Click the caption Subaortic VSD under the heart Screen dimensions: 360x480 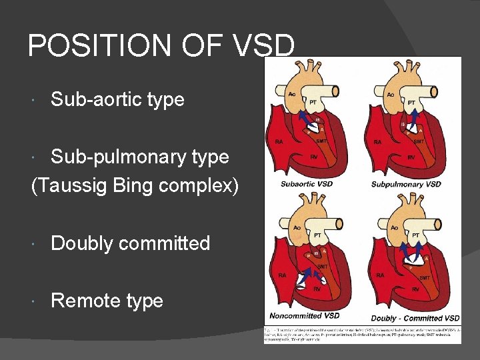point(307,184)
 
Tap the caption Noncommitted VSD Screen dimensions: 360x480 point(305,315)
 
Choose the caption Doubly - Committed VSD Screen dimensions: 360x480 point(415,318)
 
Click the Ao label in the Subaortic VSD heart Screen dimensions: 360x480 point(292,95)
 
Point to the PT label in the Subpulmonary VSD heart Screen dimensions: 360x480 point(412,103)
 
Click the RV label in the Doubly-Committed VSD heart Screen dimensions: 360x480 point(415,289)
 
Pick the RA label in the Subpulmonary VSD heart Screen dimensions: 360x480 point(378,141)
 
